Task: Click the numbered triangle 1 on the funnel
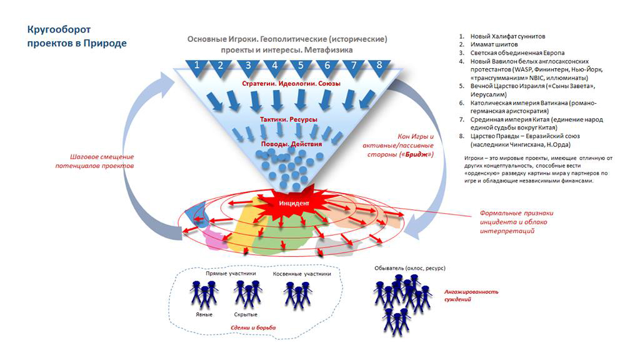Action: tap(197, 66)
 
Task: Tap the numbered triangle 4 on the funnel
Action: tap(274, 66)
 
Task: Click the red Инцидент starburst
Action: tap(294, 204)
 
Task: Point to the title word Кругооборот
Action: tap(59, 29)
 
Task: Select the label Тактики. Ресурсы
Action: tap(288, 119)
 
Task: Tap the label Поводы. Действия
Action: tap(292, 144)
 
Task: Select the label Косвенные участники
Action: tap(302, 274)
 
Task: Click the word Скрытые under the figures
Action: tap(245, 314)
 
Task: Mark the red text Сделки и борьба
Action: tap(252, 327)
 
